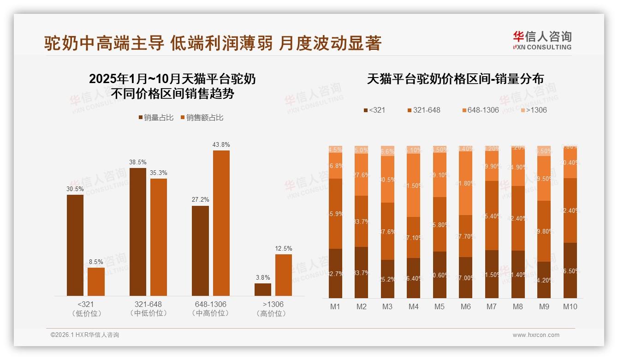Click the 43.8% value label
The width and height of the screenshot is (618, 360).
coord(221,144)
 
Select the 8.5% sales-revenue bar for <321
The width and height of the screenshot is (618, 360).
coord(96,282)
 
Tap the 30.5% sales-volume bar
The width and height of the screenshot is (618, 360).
coord(75,245)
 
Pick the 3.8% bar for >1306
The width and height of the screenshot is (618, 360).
coord(263,289)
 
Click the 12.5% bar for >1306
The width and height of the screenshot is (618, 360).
coord(284,275)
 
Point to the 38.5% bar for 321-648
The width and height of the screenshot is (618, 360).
coord(138,232)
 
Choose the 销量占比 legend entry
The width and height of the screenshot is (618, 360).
coord(156,118)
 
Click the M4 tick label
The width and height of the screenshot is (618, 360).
coord(414,306)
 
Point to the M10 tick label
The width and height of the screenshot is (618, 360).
coord(570,306)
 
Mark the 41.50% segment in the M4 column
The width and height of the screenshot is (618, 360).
coord(414,185)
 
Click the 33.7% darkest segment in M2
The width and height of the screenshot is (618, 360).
coord(362,272)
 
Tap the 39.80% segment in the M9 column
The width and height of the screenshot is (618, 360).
coord(544,231)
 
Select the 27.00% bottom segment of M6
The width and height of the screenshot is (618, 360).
coord(466,277)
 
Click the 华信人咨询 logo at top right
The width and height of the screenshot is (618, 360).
coord(542,40)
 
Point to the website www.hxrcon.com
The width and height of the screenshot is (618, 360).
coord(536,335)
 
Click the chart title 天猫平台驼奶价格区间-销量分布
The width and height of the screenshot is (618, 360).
coord(455,79)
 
